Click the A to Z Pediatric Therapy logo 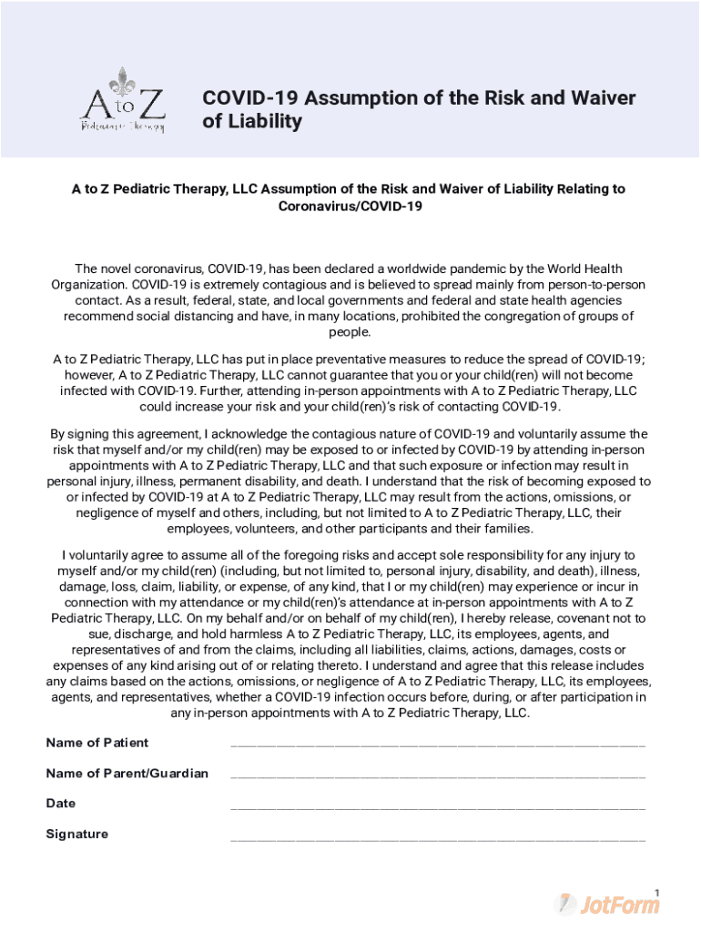(122, 100)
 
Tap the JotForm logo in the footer (607, 903)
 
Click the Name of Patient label (97, 743)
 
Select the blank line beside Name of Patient (438, 744)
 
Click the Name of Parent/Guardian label (127, 774)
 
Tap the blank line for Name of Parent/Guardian (438, 775)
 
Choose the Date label (61, 804)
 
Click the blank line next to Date (438, 805)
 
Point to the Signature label (77, 835)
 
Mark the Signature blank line (438, 836)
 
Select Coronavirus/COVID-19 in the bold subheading (350, 207)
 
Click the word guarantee (339, 374)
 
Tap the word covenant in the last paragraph (571, 617)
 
